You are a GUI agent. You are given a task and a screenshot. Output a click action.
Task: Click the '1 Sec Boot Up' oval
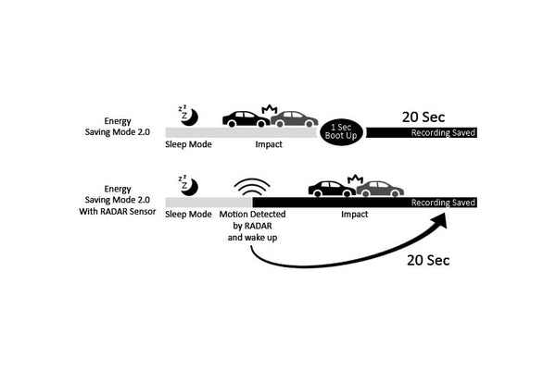click(x=341, y=130)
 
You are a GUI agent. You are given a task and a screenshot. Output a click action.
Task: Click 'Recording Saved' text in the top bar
click(x=444, y=133)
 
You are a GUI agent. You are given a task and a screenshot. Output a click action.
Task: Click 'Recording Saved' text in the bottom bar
click(x=444, y=203)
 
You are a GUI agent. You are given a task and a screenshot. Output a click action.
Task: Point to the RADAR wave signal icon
click(x=248, y=186)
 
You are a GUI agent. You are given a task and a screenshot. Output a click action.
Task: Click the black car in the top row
click(x=246, y=118)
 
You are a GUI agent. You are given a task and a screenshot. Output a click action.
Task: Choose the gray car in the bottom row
click(x=380, y=189)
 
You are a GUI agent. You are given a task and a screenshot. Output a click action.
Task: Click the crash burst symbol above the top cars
click(x=272, y=109)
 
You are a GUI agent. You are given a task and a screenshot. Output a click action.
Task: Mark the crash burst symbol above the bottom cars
click(x=354, y=179)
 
